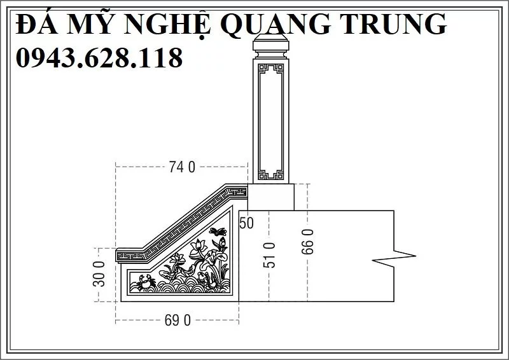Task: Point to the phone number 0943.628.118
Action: tap(99, 59)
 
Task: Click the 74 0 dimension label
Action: tap(182, 167)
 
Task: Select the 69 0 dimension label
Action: tap(178, 320)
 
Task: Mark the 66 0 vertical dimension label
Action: tap(308, 242)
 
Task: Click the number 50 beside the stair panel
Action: tap(246, 223)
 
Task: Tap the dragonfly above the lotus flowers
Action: tap(218, 232)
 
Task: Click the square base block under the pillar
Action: tap(270, 197)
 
